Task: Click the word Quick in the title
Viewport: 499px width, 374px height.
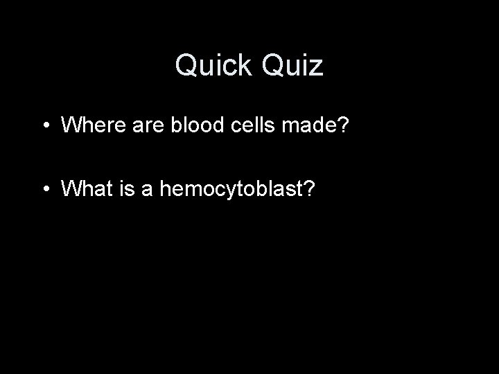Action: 213,66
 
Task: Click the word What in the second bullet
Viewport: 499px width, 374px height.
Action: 85,188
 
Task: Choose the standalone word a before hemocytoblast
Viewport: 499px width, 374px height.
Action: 147,188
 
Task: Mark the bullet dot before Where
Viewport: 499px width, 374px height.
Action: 44,127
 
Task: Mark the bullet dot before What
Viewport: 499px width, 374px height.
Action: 44,189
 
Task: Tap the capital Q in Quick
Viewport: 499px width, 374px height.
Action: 188,66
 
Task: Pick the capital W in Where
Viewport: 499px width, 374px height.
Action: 72,126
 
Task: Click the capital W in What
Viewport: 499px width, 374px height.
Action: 72,188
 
